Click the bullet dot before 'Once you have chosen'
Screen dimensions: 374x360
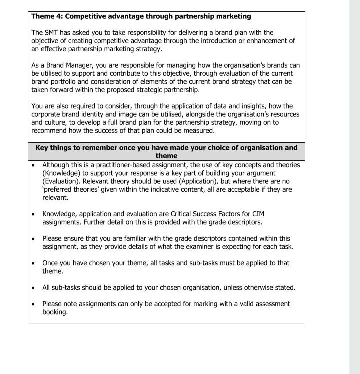(33, 263)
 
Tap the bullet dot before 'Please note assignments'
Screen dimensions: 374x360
(33, 304)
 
